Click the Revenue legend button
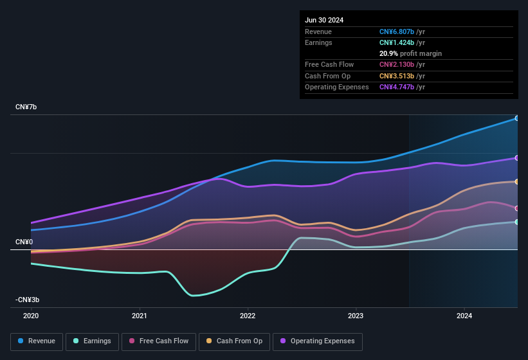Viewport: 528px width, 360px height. (37, 341)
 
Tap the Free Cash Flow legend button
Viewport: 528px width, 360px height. (159, 341)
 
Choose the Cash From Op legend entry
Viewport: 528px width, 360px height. (234, 341)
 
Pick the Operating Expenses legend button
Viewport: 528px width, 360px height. (318, 341)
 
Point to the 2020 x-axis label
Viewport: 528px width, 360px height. (31, 316)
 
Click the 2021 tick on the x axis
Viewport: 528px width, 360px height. (140, 316)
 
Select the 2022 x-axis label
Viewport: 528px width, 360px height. (248, 316)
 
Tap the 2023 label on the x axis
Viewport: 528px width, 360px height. (356, 316)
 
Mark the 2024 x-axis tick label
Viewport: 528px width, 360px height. (464, 316)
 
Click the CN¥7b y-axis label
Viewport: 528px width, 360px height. (26, 107)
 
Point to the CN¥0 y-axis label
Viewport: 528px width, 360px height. (24, 242)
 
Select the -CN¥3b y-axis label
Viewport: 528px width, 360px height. (28, 300)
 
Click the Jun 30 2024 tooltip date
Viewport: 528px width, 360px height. (324, 20)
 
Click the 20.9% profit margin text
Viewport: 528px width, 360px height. (410, 53)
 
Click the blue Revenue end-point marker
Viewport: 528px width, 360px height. (517, 118)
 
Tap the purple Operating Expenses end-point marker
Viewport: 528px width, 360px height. (517, 157)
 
